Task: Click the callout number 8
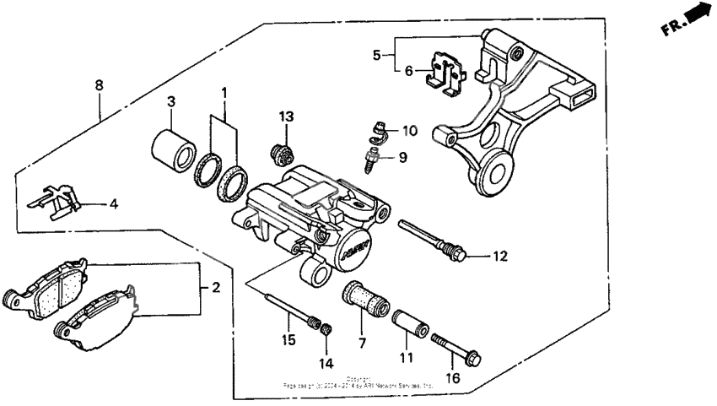tap(99, 85)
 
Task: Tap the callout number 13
tap(286, 116)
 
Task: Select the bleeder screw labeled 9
tap(371, 159)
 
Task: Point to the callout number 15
tap(288, 339)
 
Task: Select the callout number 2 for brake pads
tap(216, 288)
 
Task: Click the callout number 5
tap(376, 56)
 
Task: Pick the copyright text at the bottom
tap(358, 382)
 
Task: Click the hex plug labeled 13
tap(281, 154)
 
